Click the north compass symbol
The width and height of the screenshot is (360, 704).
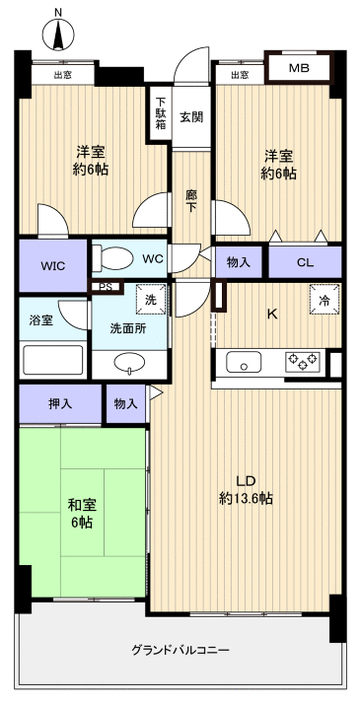tap(58, 34)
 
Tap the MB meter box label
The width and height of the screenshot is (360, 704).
tap(299, 69)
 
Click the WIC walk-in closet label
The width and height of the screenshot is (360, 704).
tap(53, 266)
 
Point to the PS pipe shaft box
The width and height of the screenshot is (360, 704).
tap(106, 287)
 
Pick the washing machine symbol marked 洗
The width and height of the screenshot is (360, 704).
tap(150, 299)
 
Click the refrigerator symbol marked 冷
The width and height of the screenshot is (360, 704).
tap(324, 299)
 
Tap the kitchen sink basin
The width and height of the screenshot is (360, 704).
tap(244, 362)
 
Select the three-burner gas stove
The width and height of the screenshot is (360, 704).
tap(303, 361)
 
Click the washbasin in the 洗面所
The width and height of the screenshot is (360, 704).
tap(129, 362)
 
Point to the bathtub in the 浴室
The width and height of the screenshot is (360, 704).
tap(53, 360)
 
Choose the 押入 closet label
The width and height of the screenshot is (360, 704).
tap(60, 403)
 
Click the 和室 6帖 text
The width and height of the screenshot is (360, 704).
tap(81, 514)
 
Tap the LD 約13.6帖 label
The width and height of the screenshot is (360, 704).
tap(246, 489)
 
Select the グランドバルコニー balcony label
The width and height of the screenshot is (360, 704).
tap(180, 650)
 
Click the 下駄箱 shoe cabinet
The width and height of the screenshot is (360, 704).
tap(160, 113)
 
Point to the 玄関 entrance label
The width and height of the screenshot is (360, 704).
tap(191, 116)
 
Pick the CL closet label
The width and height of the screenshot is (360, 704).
tap(305, 263)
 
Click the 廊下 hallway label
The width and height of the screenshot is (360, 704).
tap(191, 201)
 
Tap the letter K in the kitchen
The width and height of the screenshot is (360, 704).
tap(271, 314)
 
